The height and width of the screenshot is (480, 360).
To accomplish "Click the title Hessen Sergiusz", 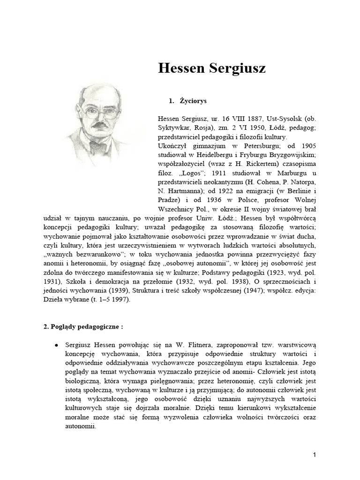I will click(x=212, y=69).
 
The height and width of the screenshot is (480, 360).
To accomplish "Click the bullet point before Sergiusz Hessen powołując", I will click(x=56, y=345).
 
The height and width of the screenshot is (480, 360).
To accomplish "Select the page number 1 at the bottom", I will click(x=315, y=455).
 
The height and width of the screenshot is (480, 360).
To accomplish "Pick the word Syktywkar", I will click(x=176, y=128).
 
